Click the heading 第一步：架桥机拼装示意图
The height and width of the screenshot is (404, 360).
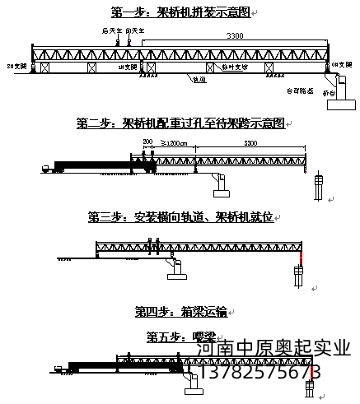[180, 12]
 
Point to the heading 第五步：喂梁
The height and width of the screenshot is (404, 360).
[180, 336]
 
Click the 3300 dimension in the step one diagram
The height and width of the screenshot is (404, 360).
[236, 36]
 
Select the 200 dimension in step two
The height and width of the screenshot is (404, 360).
[148, 143]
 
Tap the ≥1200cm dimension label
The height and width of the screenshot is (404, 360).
[176, 143]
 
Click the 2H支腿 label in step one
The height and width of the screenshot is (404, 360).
[16, 63]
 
